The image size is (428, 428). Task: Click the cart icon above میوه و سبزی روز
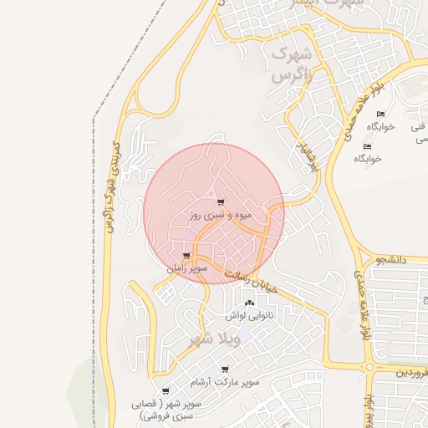220,202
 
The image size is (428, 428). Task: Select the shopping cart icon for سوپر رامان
186,256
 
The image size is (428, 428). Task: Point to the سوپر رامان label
186,269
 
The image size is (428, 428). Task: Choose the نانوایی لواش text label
248,316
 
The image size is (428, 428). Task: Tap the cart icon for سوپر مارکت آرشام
225,369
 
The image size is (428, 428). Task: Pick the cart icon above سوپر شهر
166,390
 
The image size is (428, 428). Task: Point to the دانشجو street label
413,261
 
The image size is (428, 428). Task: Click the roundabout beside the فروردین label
368,366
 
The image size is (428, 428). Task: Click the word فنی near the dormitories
418,127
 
